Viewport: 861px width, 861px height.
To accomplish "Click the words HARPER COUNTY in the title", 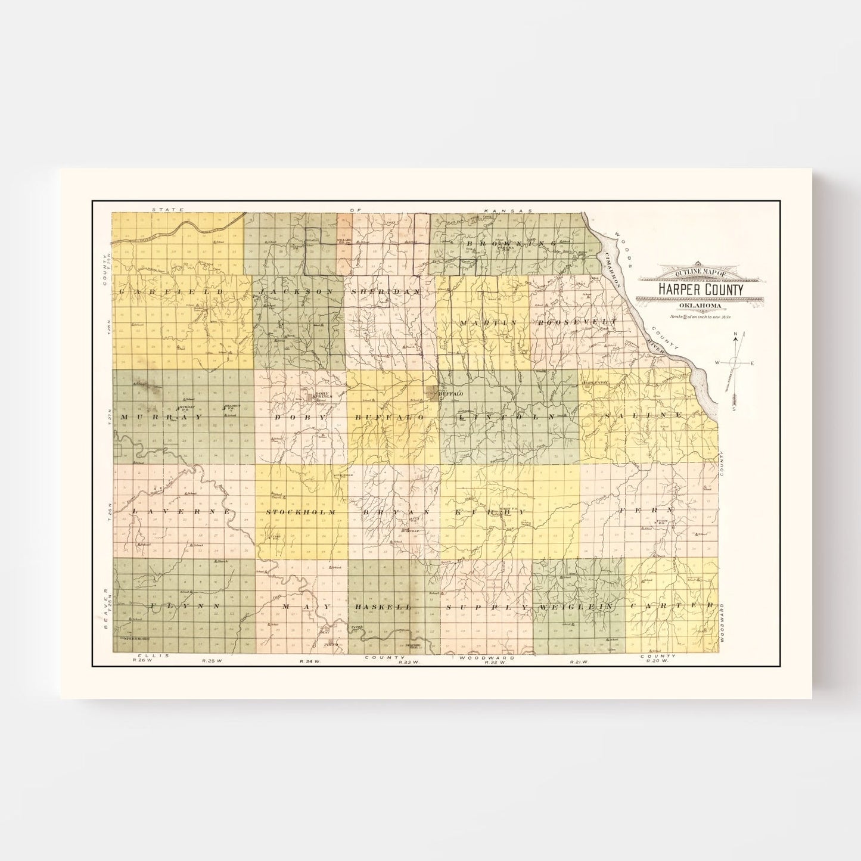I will pos(700,290).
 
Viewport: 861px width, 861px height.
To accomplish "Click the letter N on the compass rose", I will pos(735,334).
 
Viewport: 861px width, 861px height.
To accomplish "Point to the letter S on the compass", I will pos(734,409).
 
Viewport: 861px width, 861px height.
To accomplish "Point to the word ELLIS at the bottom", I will pos(145,656).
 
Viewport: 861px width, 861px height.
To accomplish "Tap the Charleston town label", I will pos(596,382).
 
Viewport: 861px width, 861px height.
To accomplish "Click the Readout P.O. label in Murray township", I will pos(230,408).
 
